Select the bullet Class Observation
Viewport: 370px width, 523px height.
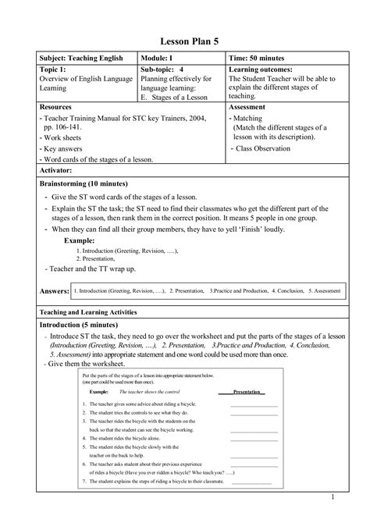[274, 147]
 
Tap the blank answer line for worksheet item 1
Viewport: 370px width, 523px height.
[254, 405]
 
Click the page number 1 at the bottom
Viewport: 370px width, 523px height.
[333, 496]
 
